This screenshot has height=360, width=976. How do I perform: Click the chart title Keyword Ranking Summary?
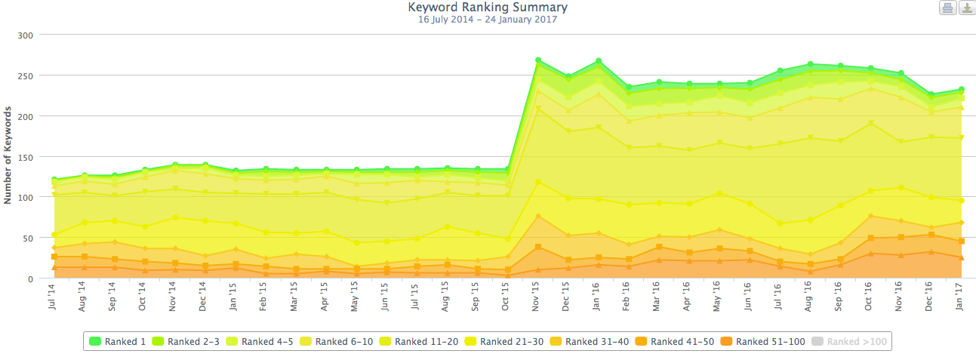tap(488, 8)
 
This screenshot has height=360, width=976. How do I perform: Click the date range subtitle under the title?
tap(488, 20)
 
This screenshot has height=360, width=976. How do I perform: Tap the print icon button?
tap(947, 8)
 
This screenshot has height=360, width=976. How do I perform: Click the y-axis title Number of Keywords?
tap(8, 156)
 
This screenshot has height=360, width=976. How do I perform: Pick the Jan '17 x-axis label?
tap(961, 297)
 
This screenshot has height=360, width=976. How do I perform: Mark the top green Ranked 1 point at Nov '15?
tap(538, 60)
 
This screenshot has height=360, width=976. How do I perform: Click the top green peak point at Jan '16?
tap(599, 61)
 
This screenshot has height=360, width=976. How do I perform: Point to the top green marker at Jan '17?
tap(961, 90)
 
